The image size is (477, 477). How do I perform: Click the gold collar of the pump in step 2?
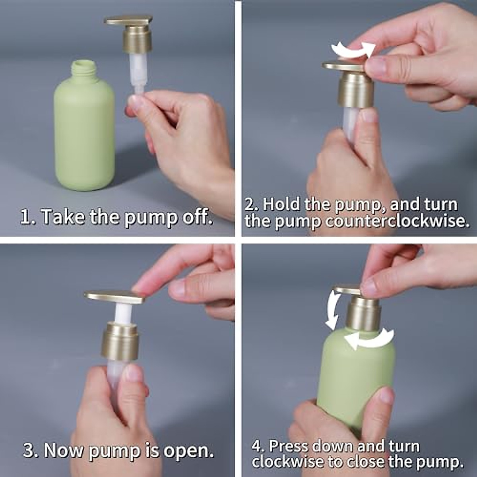356,89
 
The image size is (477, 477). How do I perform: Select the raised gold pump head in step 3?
115,297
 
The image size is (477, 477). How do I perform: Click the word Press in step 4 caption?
289,446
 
